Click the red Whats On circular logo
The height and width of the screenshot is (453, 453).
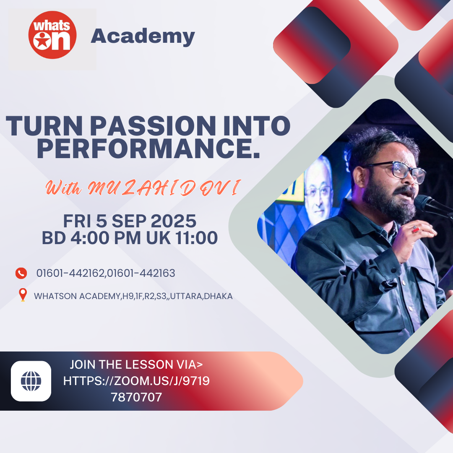pos(52,35)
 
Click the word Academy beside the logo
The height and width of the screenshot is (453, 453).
pos(143,36)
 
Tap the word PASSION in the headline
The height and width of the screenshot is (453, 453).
pos(153,126)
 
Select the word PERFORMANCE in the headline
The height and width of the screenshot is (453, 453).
pos(148,148)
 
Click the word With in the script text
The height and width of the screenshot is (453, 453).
pos(63,188)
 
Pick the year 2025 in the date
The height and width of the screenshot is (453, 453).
pos(174,221)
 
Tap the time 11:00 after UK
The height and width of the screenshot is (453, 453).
pos(196,238)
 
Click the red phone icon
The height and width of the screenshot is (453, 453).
pos(21,273)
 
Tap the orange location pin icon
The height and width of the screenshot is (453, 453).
pos(23,295)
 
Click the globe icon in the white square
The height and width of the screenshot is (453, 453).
pos(31,381)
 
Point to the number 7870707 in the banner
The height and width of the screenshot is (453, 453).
pos(136,397)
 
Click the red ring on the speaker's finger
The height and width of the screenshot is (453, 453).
pos(415,229)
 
